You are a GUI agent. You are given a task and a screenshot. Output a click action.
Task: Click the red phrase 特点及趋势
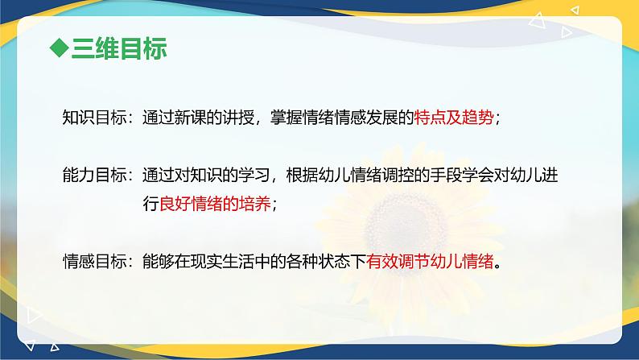pos(455,117)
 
